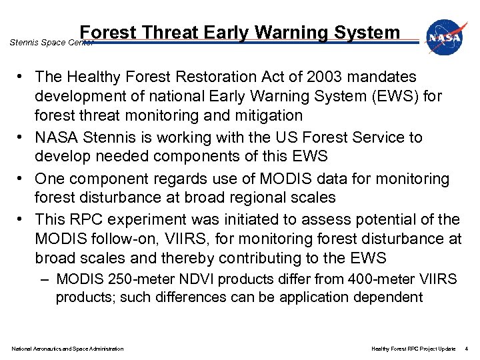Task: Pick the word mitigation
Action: point(265,116)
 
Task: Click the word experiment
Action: point(153,219)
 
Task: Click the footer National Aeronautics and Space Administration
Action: point(67,349)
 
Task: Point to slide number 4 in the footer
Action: point(467,349)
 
